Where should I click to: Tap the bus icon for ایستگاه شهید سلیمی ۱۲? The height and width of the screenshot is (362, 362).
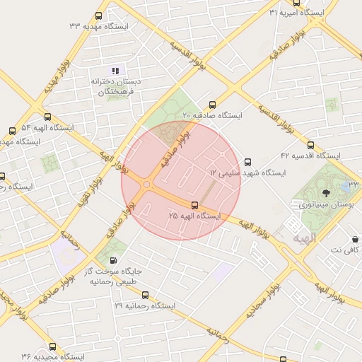247,162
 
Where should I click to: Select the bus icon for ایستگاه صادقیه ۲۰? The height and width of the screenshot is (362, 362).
213,105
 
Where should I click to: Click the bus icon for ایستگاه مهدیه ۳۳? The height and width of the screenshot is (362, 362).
98,16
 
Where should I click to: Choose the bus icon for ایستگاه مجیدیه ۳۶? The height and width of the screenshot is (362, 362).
53,346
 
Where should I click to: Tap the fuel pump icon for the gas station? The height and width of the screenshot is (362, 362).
115,260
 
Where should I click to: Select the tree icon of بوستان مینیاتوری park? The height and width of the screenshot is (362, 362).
326,192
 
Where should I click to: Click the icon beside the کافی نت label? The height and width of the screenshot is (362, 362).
354,239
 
